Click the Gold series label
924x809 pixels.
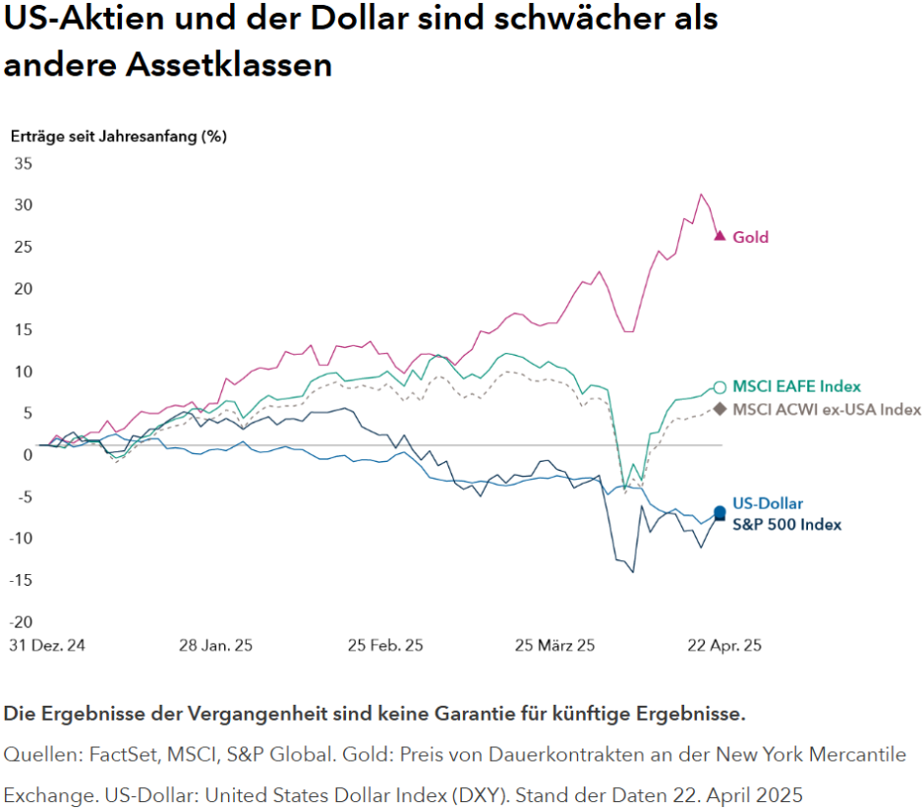750,237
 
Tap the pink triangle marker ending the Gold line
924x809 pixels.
720,236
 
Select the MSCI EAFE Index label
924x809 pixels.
796,386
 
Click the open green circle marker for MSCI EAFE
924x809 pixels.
720,387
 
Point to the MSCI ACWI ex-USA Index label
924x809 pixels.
827,409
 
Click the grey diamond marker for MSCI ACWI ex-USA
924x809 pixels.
720,409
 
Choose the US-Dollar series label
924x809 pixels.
768,504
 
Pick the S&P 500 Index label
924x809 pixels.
786,525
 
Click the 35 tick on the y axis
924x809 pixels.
22,163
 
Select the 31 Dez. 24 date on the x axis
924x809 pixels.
45,646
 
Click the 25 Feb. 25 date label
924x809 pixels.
385,646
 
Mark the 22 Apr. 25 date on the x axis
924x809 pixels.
722,646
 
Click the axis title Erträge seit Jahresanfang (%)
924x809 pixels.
118,137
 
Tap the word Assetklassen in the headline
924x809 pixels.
228,65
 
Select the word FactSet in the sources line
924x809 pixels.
121,755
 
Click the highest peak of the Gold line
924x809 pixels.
701,195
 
